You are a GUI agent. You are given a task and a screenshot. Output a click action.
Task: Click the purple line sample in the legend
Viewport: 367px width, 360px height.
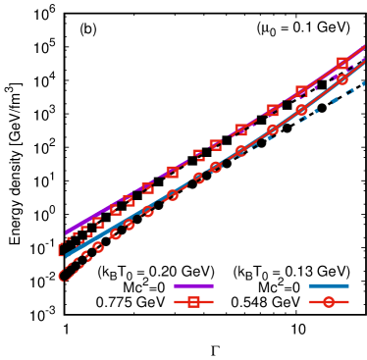(x=193, y=285)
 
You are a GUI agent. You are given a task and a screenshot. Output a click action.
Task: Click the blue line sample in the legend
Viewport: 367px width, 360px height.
(x=328, y=285)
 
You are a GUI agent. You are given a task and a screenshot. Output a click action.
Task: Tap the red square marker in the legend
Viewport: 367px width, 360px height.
(x=193, y=302)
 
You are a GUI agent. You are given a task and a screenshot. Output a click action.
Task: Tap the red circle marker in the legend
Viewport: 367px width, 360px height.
(x=328, y=302)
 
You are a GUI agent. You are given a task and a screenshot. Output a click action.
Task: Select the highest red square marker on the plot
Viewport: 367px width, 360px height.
(x=342, y=63)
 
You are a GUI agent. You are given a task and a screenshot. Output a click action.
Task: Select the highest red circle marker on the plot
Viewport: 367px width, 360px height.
(x=342, y=79)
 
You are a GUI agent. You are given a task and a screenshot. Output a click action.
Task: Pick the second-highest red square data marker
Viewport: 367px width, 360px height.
(x=301, y=91)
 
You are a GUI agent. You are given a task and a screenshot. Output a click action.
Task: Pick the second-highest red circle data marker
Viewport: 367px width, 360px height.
(x=301, y=109)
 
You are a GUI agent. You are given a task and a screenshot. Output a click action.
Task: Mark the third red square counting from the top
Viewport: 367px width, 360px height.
(x=272, y=110)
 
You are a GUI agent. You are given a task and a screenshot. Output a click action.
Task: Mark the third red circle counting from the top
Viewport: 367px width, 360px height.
(x=272, y=129)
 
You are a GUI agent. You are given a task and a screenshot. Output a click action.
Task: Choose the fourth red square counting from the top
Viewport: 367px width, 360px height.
(x=240, y=129)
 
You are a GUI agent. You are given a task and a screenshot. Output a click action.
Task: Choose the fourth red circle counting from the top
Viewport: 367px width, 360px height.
(x=240, y=150)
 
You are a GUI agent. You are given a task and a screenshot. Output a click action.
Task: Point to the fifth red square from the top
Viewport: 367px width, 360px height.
(x=215, y=145)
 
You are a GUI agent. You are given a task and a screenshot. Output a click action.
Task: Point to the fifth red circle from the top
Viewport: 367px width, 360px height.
(x=215, y=167)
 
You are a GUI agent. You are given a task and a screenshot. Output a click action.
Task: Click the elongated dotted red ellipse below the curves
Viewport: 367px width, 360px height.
(x=69, y=274)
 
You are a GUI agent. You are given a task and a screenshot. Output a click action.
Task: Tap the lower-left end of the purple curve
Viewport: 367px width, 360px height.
(x=67, y=233)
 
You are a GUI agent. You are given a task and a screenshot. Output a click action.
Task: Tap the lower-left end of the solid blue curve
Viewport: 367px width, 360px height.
(x=67, y=255)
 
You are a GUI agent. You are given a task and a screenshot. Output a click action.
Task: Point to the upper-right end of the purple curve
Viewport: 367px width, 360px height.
(x=364, y=46)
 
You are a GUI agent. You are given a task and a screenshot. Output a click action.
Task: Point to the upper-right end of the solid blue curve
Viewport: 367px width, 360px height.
(x=364, y=63)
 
